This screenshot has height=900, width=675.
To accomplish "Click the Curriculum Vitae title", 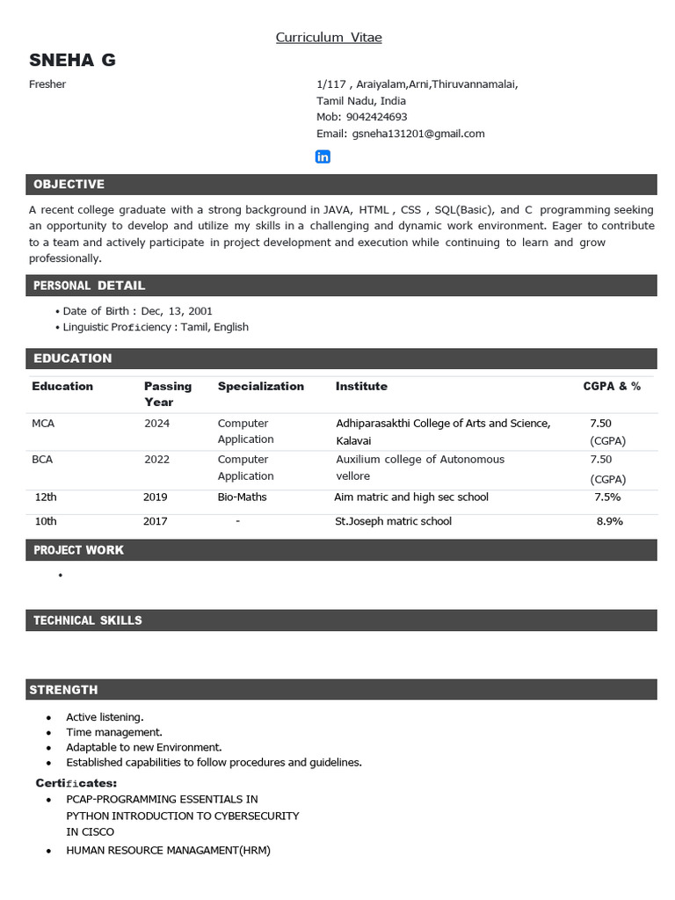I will tap(329, 37).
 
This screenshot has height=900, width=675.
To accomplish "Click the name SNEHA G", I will tap(72, 61).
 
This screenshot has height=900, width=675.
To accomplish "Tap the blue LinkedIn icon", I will tap(323, 156).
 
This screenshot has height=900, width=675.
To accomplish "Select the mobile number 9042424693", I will tap(376, 117).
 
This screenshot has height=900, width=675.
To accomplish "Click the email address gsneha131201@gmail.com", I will tap(418, 134).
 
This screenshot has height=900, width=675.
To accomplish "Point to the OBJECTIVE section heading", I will tap(69, 184).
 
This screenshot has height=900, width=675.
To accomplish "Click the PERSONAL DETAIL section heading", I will tap(89, 286).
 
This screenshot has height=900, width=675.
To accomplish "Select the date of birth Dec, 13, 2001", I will tap(176, 311).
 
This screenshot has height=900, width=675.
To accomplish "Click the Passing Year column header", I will tap(167, 394).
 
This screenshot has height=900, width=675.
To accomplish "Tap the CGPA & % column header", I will tap(612, 386).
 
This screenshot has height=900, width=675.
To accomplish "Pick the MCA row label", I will tap(43, 424).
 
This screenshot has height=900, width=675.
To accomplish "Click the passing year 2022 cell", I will tap(157, 460).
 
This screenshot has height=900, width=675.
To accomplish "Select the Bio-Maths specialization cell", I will tap(242, 497).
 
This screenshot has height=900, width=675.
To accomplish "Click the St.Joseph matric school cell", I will tap(393, 521).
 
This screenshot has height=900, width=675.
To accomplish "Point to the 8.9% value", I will tap(609, 521).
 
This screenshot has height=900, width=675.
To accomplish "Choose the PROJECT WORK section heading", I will tap(78, 550).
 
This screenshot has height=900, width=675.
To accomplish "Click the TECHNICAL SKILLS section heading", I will tap(87, 621).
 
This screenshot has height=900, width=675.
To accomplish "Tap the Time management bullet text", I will tap(114, 732).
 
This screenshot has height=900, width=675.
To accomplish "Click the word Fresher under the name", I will tap(47, 84).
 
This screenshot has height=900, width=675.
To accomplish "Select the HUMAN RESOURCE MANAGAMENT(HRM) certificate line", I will tap(168, 850).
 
